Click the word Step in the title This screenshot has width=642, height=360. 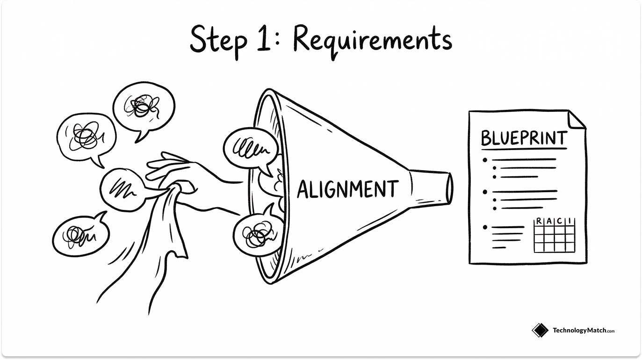(218, 41)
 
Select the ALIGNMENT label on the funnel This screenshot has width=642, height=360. (347, 189)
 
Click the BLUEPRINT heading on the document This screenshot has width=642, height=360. (524, 138)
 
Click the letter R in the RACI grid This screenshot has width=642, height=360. (539, 221)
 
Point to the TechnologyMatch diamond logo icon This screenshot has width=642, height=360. (540, 331)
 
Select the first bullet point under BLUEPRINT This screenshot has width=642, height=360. (485, 160)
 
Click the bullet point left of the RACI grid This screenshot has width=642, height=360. (485, 228)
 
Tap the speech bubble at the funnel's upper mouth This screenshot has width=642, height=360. (247, 150)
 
